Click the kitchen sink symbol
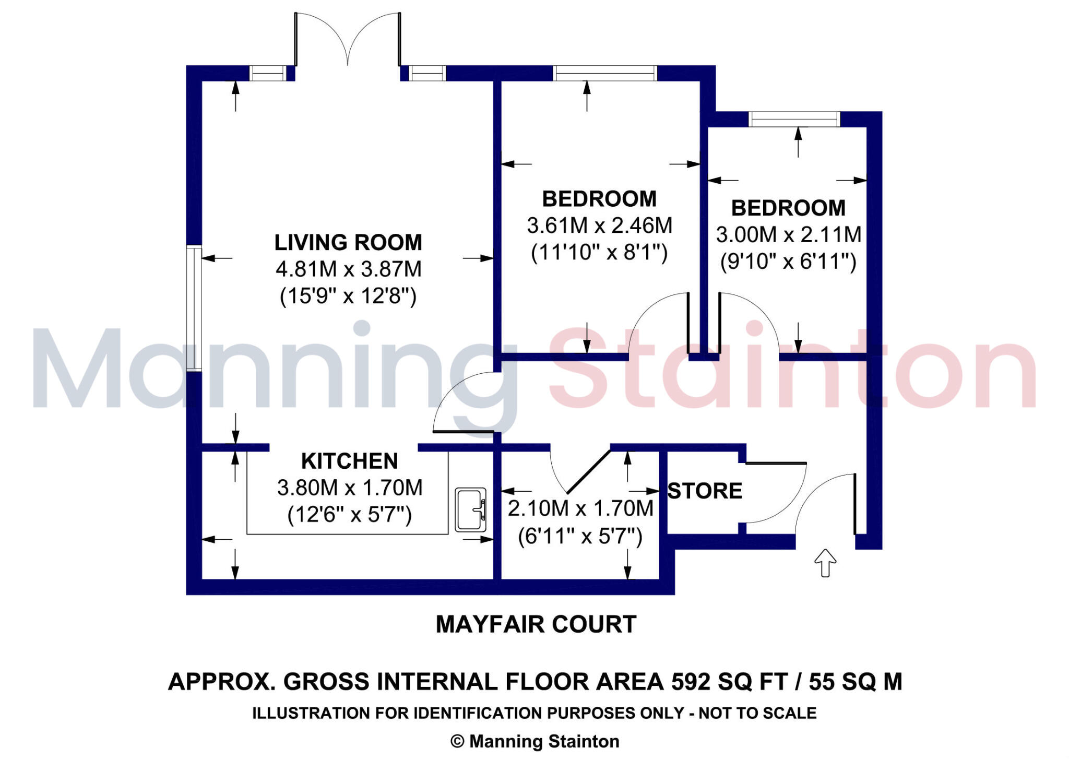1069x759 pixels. (x=470, y=510)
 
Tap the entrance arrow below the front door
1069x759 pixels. (x=825, y=563)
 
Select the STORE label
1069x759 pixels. (x=705, y=491)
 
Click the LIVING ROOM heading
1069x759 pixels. (x=348, y=242)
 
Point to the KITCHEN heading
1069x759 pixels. (x=349, y=461)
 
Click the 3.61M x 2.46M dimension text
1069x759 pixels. (x=599, y=226)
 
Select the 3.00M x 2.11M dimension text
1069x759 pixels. (x=788, y=234)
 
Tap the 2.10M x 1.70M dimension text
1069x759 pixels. (x=580, y=508)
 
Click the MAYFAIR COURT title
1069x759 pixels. (x=536, y=624)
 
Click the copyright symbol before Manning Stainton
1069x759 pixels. (x=457, y=742)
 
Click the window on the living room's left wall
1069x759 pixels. (x=194, y=308)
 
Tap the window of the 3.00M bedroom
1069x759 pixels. (x=794, y=119)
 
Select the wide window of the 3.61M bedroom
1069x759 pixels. (x=604, y=73)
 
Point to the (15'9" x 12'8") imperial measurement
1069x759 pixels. (x=348, y=297)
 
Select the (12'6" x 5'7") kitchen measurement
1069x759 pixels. (x=349, y=515)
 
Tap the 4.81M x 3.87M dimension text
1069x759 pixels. (x=348, y=269)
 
